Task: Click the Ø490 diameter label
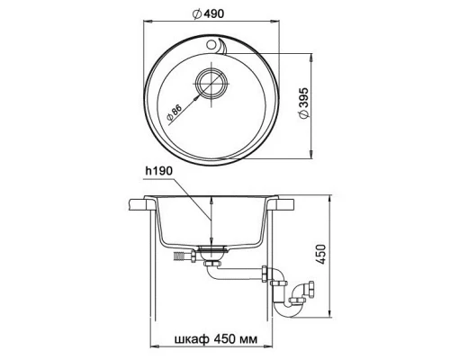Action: (208, 13)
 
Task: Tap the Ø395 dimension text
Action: (303, 103)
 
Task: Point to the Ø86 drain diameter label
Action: (175, 113)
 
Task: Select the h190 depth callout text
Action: (159, 171)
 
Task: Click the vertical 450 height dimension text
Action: (321, 255)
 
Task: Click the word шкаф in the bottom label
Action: (192, 339)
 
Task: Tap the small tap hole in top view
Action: (211, 45)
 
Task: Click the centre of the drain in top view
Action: (211, 83)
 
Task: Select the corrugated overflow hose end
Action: (179, 256)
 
